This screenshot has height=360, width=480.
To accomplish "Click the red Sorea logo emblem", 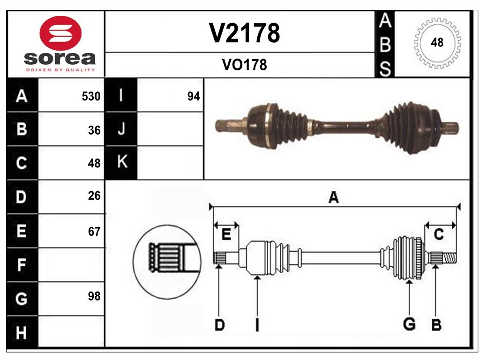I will point(60,33).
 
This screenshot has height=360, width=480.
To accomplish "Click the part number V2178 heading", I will point(244,33).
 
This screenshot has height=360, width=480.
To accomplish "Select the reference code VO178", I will point(244,65).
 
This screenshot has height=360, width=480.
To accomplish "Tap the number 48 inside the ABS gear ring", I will point(437,43).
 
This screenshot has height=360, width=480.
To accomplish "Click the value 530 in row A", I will point(91,97).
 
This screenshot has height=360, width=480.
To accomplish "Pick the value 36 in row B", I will point(94,130).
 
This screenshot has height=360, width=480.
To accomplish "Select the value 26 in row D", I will point(94,196).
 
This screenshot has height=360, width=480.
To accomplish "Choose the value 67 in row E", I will point(94,231).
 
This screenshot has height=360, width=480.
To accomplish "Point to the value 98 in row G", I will point(94,296).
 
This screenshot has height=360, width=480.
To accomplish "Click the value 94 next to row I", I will point(193,97).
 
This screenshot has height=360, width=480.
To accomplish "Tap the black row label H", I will point(22,333).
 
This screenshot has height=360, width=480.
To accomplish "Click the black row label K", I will point(121,162).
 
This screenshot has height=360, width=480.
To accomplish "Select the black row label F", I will point(22,265).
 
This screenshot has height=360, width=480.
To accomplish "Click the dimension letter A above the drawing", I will point(333,197).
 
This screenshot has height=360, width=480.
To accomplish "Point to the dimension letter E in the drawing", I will point(226,235).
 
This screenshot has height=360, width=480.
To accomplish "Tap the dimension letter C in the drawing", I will point(438,234).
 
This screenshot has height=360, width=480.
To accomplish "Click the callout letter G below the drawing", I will point(409,323).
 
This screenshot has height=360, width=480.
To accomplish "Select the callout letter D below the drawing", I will point(219,324).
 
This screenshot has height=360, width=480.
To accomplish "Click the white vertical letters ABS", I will point(385,45).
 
